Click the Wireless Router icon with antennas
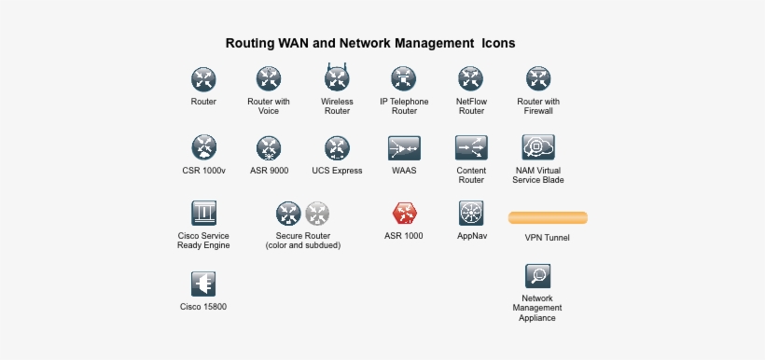point(337,77)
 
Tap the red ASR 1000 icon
point(404,213)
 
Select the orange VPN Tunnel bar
point(548,217)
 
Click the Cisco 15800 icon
point(203,284)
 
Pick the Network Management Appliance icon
point(537,275)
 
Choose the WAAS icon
point(404,147)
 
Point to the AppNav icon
point(471,213)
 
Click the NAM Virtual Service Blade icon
point(538,147)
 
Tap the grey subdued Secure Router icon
point(317,213)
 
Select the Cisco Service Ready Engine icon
point(203,213)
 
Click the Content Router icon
point(471,147)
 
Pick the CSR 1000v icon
point(203,147)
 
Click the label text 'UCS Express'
point(337,172)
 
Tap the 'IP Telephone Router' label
point(404,106)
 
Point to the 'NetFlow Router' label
point(471,106)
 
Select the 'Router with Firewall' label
point(538,106)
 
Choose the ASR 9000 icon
point(269,147)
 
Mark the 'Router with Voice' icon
point(269,77)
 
